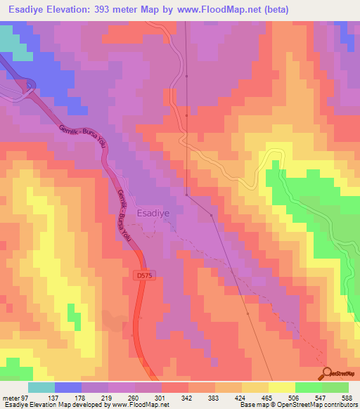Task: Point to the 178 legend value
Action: click(79, 397)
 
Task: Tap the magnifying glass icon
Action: click(326, 373)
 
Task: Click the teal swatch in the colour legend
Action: click(41, 387)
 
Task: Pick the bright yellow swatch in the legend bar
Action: click(281, 387)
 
